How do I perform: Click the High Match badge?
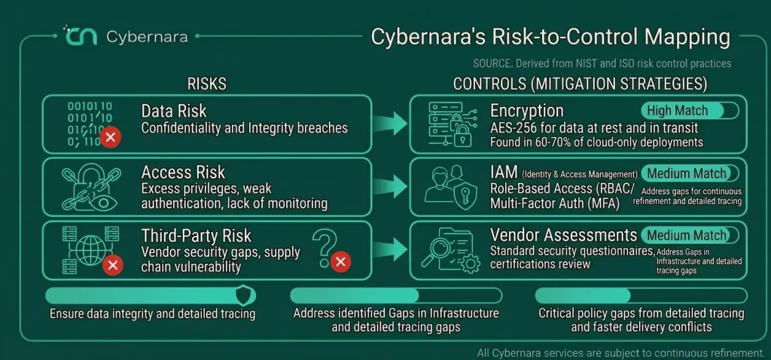tap(690, 111)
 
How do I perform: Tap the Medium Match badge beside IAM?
tap(690, 174)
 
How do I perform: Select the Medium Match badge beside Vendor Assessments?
tap(690, 235)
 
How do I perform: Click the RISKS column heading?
tap(206, 84)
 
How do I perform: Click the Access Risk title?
tap(183, 172)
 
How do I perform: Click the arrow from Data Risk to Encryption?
tap(390, 124)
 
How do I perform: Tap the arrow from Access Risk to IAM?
tap(390, 187)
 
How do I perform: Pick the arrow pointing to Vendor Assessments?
tap(390, 250)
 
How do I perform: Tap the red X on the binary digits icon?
tap(111, 137)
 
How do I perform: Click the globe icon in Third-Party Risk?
tap(91, 249)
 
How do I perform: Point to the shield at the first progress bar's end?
tap(245, 295)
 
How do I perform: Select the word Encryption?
tap(526, 111)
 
